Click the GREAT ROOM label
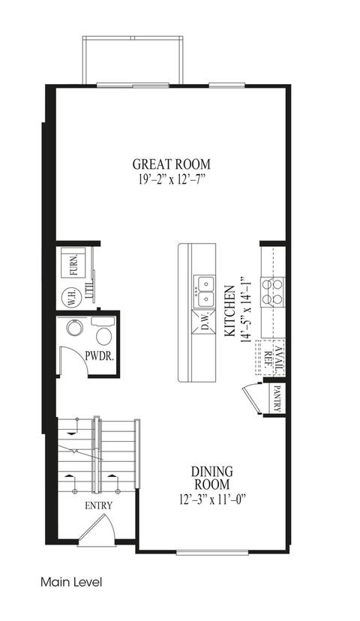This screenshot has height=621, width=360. tap(171, 163)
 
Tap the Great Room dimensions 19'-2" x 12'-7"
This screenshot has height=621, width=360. tap(171, 179)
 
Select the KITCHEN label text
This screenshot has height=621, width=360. tap(229, 311)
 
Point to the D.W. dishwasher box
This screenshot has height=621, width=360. tap(204, 322)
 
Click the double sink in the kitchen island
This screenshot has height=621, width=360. tap(204, 292)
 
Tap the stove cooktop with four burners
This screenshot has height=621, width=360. tap(272, 292)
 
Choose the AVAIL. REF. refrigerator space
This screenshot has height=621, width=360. tap(271, 358)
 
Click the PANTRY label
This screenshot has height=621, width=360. tap(277, 398)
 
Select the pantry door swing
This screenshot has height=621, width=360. tap(251, 398)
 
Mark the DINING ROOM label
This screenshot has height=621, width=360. tap(212, 478)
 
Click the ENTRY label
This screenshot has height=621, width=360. tap(99, 505)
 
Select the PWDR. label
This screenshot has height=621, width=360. tap(100, 355)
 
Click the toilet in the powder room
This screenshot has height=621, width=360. tap(103, 331)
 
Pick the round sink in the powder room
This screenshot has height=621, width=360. tap(73, 328)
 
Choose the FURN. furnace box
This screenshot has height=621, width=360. tap(73, 263)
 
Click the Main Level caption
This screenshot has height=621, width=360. tap(71, 582)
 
